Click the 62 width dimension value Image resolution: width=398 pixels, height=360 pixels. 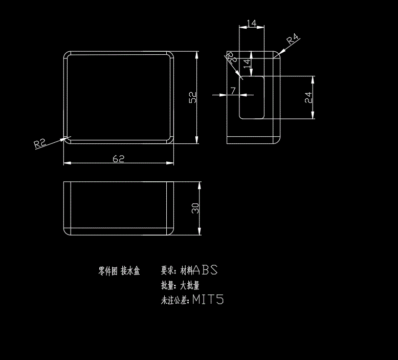coord(119,159)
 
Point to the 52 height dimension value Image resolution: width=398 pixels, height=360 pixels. coord(193,97)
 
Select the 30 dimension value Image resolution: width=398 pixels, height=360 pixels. coord(195,208)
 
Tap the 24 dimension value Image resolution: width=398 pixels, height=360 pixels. coord(308,97)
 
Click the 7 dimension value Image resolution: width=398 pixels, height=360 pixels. coord(233,91)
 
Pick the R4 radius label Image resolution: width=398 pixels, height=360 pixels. coord(293,39)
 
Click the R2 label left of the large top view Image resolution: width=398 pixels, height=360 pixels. coord(40,143)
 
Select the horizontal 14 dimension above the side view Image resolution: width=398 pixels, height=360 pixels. coord(251,23)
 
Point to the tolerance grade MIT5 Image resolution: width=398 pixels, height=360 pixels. coord(208,300)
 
